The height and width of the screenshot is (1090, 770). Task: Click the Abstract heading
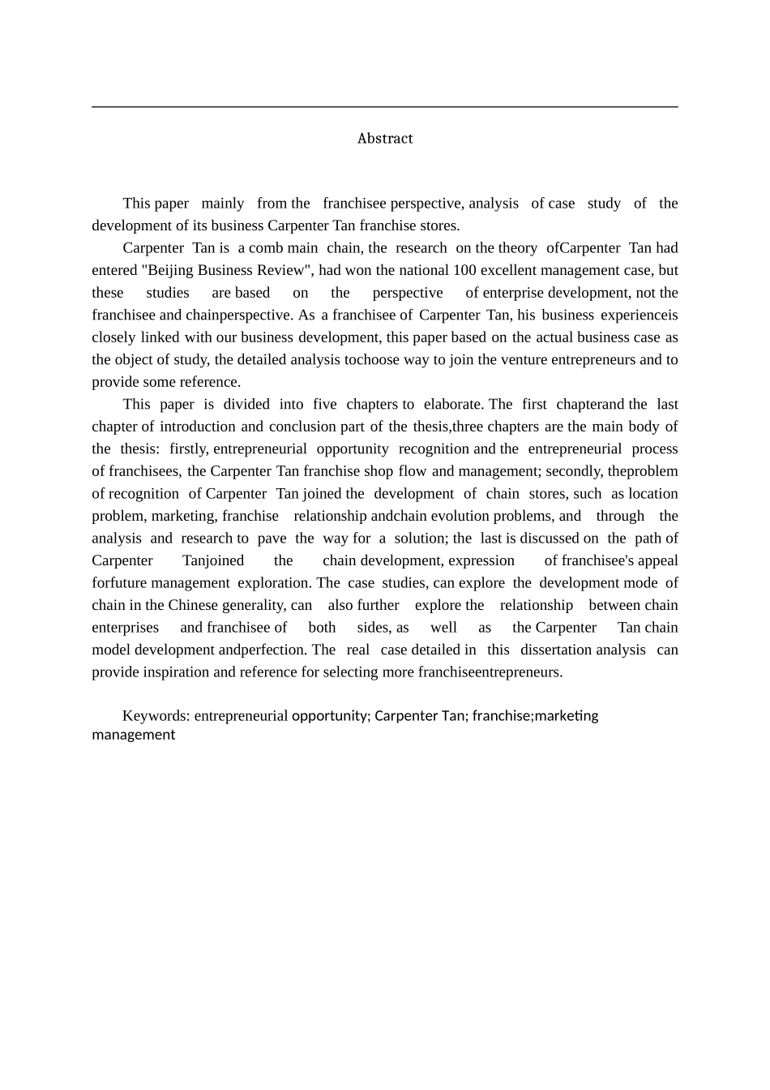[385, 139]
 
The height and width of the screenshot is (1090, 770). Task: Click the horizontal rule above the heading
[385, 106]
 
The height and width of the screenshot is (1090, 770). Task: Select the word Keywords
[156, 716]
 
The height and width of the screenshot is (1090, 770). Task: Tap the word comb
[266, 248]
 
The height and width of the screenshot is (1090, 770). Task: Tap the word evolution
[460, 516]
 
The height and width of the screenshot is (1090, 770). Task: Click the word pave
[272, 538]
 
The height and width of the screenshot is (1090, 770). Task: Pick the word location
[652, 493]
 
